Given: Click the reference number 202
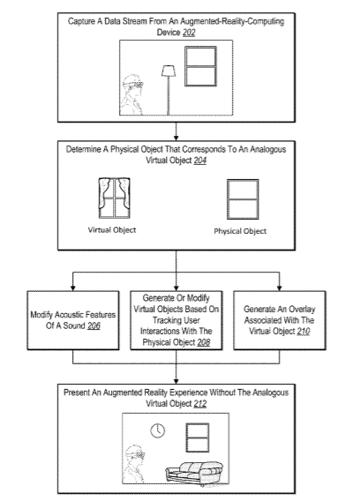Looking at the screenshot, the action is (x=189, y=33).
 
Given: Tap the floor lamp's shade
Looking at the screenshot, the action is (x=169, y=71).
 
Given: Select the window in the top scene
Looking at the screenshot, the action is (x=200, y=66).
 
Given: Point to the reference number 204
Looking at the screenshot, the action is (x=199, y=160).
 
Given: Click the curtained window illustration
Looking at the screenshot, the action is (x=114, y=198).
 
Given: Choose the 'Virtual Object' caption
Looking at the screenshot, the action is (x=112, y=230).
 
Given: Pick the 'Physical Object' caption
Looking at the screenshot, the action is (x=240, y=231).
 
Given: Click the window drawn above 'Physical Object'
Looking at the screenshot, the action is (x=243, y=199).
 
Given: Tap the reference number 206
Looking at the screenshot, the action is (x=94, y=325).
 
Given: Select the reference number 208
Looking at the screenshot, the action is (x=204, y=342).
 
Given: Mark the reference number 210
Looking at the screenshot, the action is (x=304, y=332).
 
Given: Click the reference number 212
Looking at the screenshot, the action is (x=199, y=404).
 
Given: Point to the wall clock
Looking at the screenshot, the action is (x=158, y=430).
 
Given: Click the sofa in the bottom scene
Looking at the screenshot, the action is (x=194, y=473).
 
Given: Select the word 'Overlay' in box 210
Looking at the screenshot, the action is (x=302, y=310).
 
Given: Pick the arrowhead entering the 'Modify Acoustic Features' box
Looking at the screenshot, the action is (x=73, y=288).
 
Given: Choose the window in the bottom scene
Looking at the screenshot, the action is (x=198, y=437).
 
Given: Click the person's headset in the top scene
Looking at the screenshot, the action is (x=135, y=85).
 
